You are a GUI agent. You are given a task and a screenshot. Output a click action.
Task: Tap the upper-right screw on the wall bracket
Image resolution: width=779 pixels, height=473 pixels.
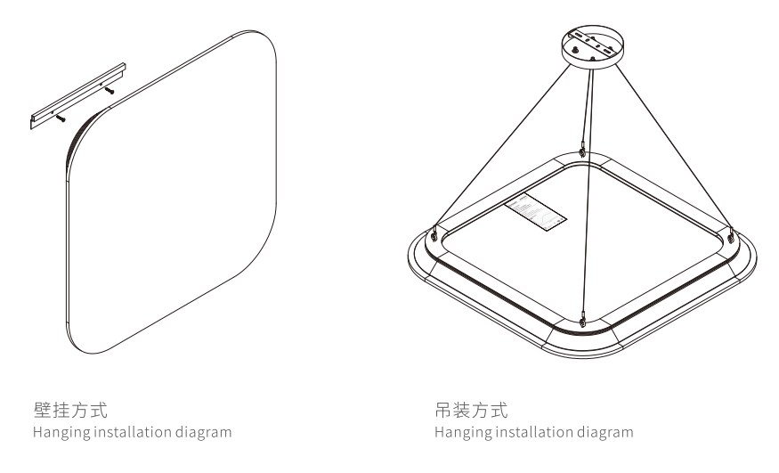point(110,90)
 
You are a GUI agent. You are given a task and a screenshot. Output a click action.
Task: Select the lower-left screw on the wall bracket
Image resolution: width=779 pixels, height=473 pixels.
point(60,116)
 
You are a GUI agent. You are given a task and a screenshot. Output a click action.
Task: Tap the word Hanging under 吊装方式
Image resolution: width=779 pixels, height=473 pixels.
point(457,433)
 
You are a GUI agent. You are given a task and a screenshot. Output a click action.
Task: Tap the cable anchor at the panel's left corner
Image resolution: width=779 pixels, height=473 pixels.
point(434,235)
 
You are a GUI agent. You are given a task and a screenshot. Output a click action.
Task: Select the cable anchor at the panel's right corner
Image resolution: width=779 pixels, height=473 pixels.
point(729,237)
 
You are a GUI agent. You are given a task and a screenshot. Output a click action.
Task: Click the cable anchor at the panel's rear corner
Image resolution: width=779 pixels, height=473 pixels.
point(581,153)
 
